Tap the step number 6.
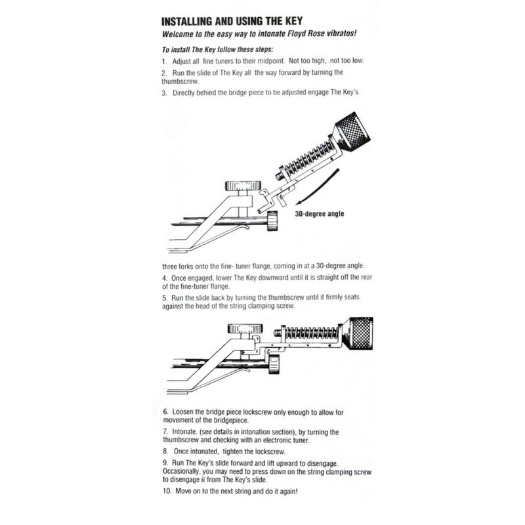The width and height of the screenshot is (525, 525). (x=164, y=411)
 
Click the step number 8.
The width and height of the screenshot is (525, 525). (x=164, y=451)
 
